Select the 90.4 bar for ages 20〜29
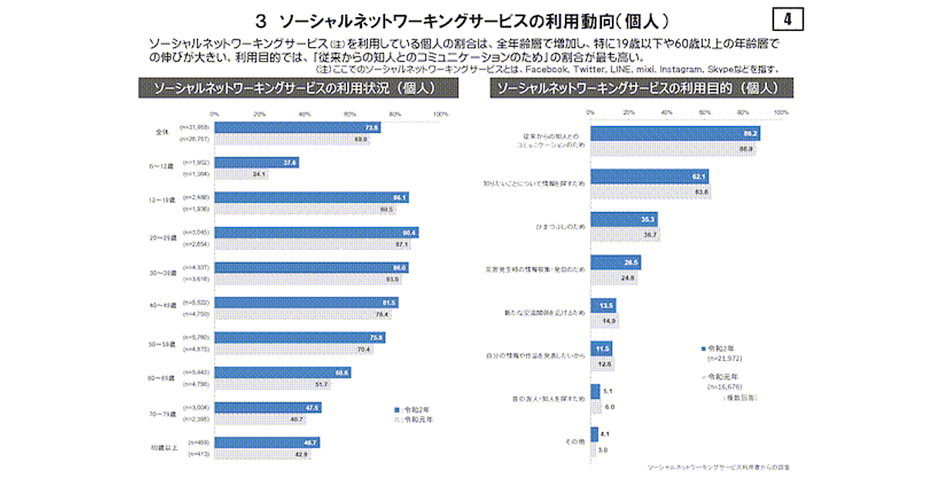(316, 232)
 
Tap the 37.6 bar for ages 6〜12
(256, 163)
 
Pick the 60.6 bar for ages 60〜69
(282, 373)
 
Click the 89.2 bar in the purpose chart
(675, 133)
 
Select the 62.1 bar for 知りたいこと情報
(650, 177)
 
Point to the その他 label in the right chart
(575, 441)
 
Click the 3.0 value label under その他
(603, 449)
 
